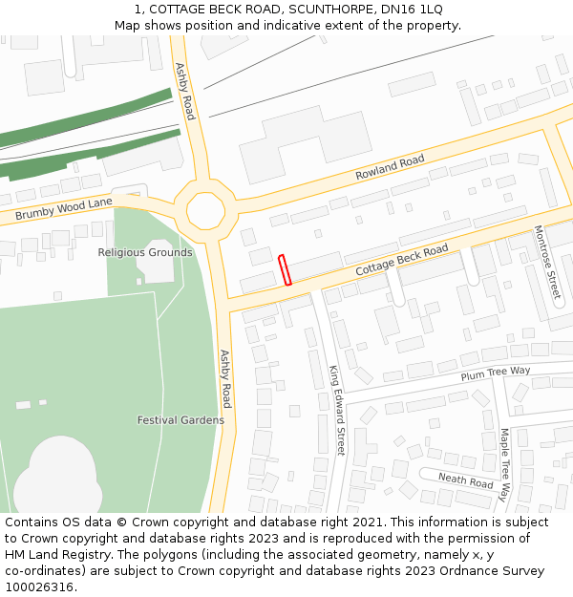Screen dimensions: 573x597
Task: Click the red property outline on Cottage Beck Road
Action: click(x=285, y=270)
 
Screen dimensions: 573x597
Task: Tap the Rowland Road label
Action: click(x=390, y=168)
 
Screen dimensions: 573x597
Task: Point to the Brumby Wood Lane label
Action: click(x=64, y=209)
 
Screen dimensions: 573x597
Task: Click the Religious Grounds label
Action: click(x=145, y=252)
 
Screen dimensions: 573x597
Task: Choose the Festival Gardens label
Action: click(x=180, y=420)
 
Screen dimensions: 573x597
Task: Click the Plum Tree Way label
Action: click(x=495, y=373)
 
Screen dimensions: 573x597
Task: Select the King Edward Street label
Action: click(x=337, y=410)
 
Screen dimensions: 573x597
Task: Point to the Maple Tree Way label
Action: click(x=504, y=464)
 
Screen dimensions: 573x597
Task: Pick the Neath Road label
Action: click(x=465, y=480)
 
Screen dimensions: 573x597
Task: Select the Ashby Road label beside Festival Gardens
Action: click(x=226, y=378)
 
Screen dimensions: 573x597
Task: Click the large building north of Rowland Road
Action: click(x=291, y=140)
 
